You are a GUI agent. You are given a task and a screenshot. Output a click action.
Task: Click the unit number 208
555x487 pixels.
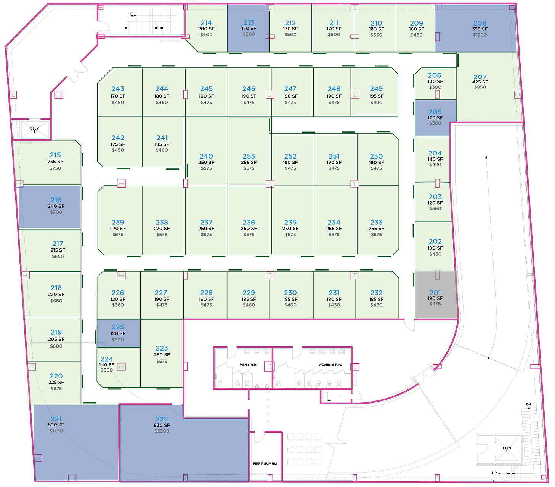pos(480,23)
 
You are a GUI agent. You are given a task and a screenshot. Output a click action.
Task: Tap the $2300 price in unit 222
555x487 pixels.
pos(162,431)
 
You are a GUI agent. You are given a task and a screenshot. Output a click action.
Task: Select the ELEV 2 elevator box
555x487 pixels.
pos(35,129)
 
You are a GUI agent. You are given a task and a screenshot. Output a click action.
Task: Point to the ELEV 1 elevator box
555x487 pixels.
pos(507,449)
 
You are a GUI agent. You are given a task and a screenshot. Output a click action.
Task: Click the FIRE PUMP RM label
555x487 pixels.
pos(265,463)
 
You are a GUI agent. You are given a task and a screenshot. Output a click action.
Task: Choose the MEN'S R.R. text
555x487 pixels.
pos(248,365)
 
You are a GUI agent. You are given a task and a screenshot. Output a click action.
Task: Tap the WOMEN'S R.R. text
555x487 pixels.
pos(330,365)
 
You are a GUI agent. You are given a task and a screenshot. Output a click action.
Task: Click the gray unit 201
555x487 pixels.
pos(436,295)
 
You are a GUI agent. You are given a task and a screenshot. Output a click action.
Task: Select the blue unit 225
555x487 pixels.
pos(118,333)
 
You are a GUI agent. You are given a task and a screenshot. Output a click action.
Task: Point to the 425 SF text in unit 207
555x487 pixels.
pos(480,82)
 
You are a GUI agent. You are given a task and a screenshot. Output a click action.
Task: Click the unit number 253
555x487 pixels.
pos(249,156)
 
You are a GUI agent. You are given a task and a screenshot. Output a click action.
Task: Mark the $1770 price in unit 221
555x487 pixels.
pos(56,431)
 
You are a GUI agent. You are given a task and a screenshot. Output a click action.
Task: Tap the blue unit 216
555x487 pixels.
pos(50,207)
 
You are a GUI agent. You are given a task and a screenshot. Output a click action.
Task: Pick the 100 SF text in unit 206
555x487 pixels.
pos(435,81)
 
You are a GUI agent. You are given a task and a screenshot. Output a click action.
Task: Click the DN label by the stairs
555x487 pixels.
pos(528,404)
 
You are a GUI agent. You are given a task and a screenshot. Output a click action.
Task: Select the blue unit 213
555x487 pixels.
pos(248,28)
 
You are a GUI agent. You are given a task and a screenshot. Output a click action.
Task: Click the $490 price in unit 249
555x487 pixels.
pos(376,102)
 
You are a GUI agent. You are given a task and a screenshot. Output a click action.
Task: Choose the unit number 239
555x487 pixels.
pos(118,222)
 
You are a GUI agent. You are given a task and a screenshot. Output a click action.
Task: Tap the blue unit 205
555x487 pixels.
pos(436,118)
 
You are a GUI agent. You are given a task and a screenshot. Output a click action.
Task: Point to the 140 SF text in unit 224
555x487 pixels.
pos(107,365)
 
